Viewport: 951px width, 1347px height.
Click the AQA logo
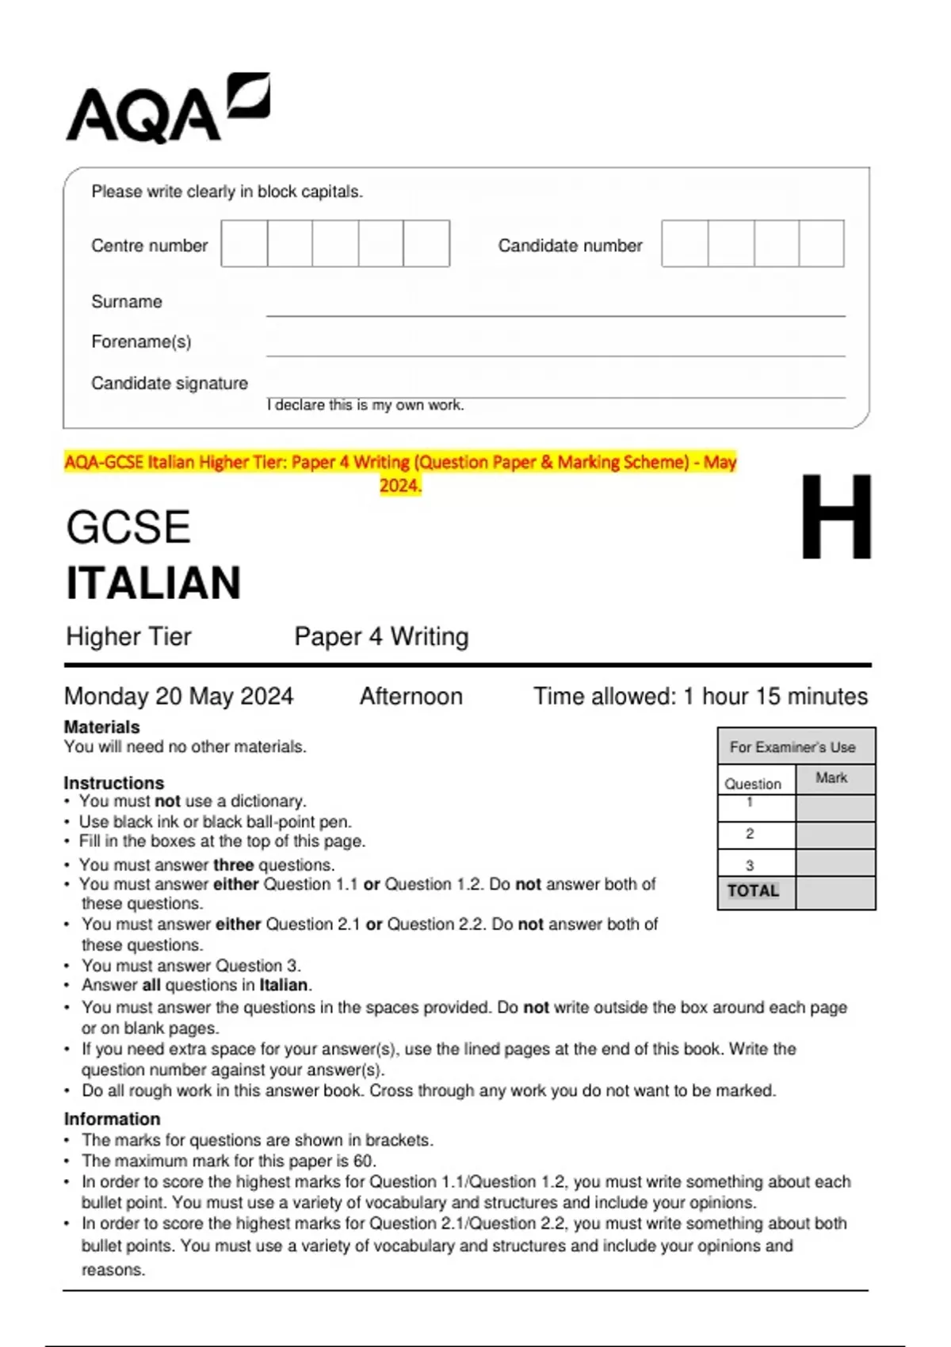(x=167, y=109)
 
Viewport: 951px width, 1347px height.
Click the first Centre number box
(x=244, y=243)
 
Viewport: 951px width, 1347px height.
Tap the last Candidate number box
(x=822, y=243)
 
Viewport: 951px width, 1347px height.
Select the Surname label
(x=126, y=302)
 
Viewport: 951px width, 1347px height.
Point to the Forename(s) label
(x=141, y=342)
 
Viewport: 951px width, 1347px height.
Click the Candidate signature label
(x=169, y=383)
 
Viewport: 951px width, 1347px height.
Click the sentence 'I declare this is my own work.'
(x=365, y=406)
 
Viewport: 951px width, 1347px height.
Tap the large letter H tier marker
(x=835, y=517)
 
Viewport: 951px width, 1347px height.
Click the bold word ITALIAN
(x=153, y=583)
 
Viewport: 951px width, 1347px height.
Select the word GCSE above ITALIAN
(x=128, y=528)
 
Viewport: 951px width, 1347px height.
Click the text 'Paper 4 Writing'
(x=381, y=637)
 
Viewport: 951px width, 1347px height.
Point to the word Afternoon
(x=411, y=696)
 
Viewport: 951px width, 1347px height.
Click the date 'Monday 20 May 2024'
(x=178, y=696)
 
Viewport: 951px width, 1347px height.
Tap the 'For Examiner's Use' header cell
(x=792, y=747)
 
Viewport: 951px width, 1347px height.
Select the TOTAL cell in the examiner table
(x=753, y=891)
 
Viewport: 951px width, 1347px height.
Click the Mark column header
(x=831, y=779)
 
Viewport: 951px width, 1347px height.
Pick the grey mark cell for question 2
(x=835, y=835)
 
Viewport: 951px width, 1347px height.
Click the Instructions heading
(x=113, y=783)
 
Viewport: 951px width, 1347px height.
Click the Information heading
(x=112, y=1119)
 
